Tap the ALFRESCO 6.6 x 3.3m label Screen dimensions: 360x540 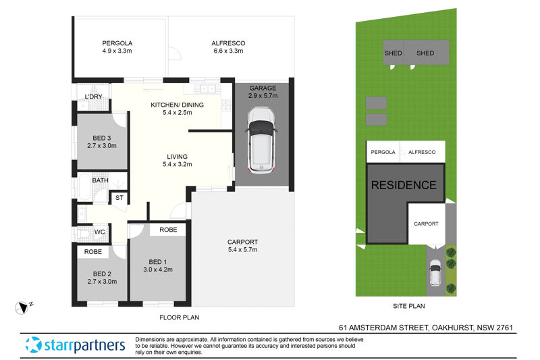[229, 43]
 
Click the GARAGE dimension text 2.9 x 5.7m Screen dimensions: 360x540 [263, 97]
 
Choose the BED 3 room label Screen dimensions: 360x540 [103, 138]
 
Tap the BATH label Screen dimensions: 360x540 [101, 180]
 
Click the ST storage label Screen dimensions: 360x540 [119, 198]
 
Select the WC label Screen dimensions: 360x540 [99, 232]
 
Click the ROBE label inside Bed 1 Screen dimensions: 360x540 [169, 230]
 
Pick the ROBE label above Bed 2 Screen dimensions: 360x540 [93, 252]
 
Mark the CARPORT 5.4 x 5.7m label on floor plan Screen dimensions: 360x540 [242, 246]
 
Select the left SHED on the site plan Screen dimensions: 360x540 [394, 53]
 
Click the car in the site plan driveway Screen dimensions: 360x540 [435, 275]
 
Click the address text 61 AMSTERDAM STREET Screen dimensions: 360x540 [381, 328]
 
